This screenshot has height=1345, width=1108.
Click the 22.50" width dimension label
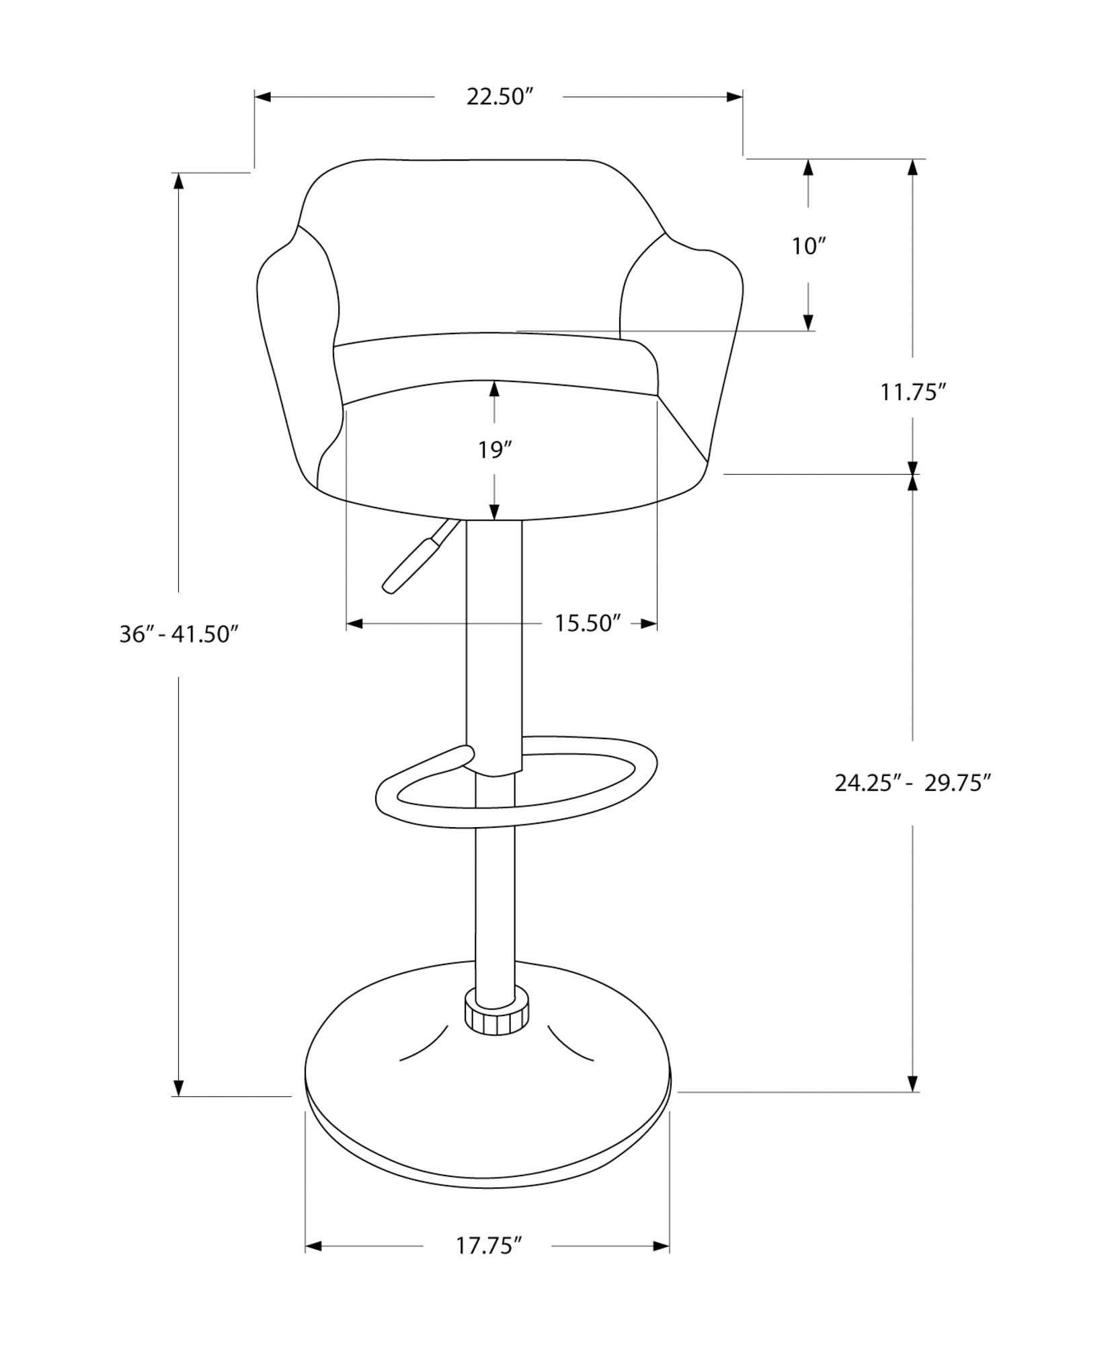coord(500,97)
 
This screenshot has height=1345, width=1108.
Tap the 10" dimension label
coord(808,246)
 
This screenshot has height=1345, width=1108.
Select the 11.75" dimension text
coord(913,392)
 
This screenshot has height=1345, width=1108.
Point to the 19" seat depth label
coord(495,450)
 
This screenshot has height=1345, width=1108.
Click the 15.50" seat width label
coord(586,623)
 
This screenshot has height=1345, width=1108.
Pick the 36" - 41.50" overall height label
coord(179,634)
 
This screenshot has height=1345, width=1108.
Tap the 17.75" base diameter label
coord(489,1246)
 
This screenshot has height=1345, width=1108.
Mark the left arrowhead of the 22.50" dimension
coord(263,98)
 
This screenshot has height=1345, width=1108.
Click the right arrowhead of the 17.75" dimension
coord(662,1246)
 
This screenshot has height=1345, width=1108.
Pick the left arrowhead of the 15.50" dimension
coord(354,624)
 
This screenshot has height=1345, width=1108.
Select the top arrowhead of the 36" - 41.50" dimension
coord(179,182)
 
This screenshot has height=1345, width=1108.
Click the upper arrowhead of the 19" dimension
coord(495,389)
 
